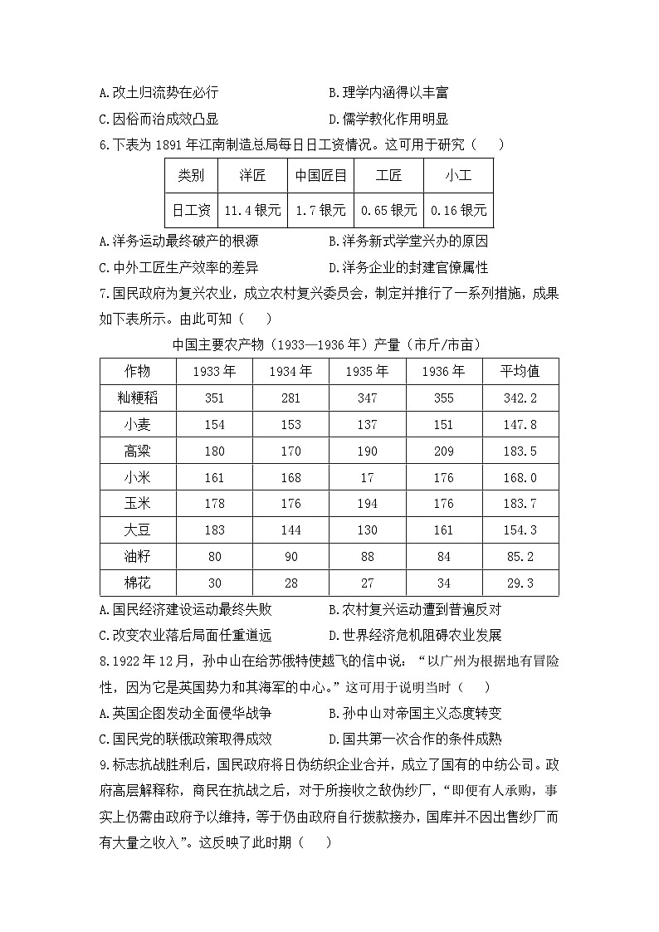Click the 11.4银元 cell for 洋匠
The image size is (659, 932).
tap(252, 210)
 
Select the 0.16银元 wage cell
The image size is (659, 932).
tap(458, 210)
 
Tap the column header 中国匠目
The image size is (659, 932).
tap(320, 176)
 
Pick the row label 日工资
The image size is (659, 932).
tap(191, 210)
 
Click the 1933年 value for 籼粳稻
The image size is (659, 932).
tap(214, 398)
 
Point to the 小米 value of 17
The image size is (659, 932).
tap(367, 477)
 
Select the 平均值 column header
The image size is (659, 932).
tap(520, 371)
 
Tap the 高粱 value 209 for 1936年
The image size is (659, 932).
tap(444, 451)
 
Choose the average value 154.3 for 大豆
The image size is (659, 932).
tap(520, 529)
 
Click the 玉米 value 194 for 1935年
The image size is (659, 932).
tap(367, 504)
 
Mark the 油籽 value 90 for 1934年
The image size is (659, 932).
tap(290, 556)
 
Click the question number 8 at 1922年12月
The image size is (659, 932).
tap(104, 661)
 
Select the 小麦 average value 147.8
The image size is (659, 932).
tap(520, 424)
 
